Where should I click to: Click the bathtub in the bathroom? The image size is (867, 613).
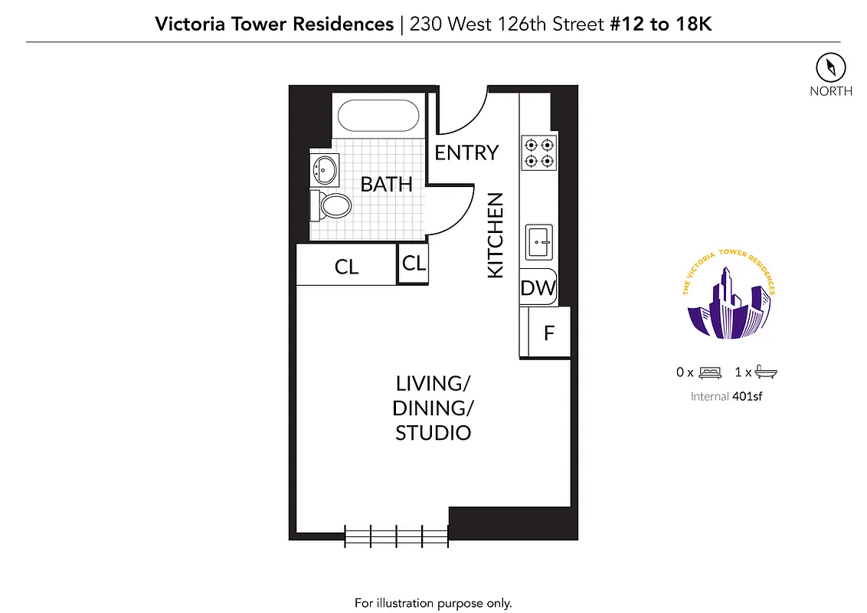tap(378, 116)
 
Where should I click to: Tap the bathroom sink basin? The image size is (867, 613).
tap(326, 169)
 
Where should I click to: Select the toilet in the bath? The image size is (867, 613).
tap(331, 205)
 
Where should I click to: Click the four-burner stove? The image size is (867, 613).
tap(538, 152)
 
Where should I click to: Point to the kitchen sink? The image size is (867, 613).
tap(539, 243)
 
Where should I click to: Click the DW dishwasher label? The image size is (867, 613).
tap(538, 288)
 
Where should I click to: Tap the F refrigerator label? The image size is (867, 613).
tap(548, 333)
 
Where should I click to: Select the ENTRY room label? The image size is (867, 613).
tap(466, 153)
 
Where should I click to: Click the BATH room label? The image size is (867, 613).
tap(386, 185)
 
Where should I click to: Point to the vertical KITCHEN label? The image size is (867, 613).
tap(496, 235)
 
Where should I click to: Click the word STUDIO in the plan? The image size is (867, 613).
tap(433, 433)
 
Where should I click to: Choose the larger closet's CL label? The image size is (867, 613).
tap(346, 267)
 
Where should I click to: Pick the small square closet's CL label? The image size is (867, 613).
tap(414, 264)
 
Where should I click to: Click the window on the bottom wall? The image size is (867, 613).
tap(396, 535)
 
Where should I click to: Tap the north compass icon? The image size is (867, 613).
tap(830, 67)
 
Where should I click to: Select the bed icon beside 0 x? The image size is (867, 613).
tap(710, 372)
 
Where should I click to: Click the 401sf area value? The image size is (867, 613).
tap(749, 396)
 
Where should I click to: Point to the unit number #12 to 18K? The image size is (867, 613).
tap(660, 24)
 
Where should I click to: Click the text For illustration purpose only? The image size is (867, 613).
tap(433, 602)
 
